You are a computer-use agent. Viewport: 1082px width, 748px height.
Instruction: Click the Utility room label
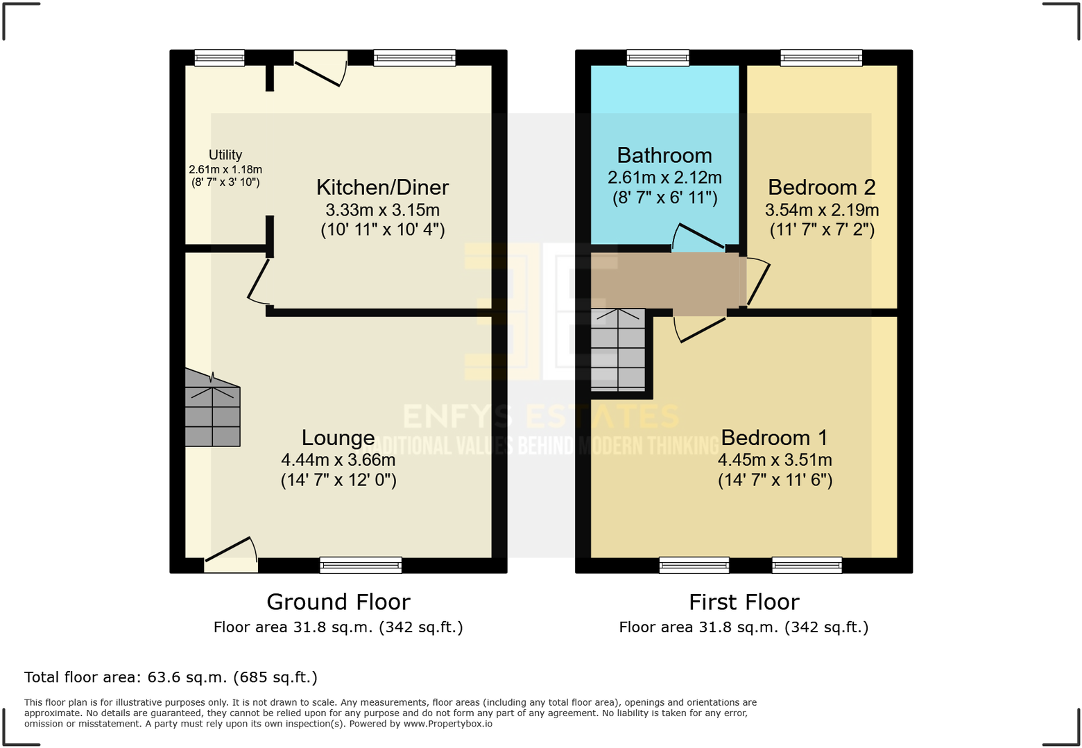(225, 155)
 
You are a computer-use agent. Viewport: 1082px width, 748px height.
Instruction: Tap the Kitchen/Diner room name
(382, 187)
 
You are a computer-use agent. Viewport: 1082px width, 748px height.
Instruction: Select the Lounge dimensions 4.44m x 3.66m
(338, 460)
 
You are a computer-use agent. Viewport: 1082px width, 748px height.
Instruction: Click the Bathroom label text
(664, 155)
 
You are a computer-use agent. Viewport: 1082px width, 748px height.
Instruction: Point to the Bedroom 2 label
(821, 187)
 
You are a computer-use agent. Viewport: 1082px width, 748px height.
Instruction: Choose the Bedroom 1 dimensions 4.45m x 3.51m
(775, 460)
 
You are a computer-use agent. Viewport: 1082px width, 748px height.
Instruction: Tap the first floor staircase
(617, 350)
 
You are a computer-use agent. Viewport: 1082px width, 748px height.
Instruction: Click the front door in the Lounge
(231, 555)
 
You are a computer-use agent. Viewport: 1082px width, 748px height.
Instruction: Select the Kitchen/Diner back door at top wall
(320, 69)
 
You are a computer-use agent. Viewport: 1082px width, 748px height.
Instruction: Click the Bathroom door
(698, 238)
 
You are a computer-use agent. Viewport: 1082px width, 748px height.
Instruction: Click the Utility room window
(219, 58)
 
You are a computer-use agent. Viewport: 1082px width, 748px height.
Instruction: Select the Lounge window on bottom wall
(361, 565)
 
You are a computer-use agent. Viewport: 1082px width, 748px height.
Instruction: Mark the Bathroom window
(658, 58)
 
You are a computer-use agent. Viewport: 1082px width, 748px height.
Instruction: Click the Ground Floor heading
(338, 602)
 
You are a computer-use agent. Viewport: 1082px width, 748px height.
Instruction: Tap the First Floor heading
(744, 602)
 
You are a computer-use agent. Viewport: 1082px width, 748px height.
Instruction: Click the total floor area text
(171, 677)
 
